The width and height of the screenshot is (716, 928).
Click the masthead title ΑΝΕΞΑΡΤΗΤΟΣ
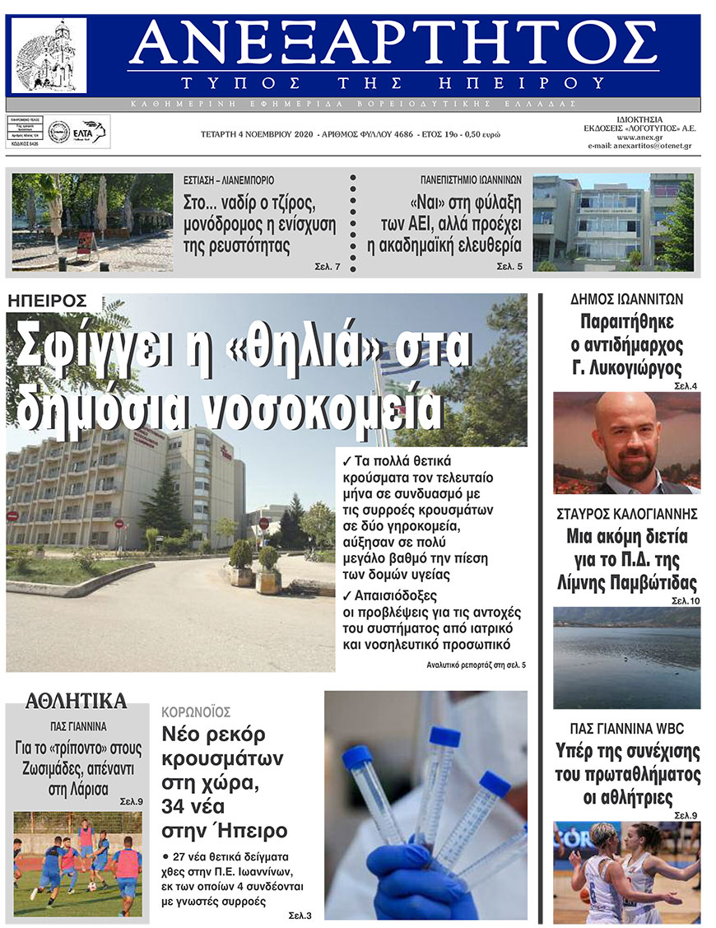point(393,43)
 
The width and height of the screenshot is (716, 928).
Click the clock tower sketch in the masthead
point(49,56)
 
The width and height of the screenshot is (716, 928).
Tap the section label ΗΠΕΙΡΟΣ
point(45,302)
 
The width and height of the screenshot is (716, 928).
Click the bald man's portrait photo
point(626,442)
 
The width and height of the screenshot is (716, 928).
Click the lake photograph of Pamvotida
point(626,657)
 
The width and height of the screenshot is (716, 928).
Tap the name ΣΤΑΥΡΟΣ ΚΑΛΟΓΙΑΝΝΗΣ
point(626,514)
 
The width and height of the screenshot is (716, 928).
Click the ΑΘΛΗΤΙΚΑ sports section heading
point(77,702)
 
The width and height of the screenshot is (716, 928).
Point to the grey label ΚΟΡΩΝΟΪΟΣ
point(196,711)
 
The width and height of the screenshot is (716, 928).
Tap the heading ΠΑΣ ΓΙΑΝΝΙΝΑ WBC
point(626,729)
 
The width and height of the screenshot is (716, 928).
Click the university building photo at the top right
point(612,222)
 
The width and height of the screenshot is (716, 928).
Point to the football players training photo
point(77,862)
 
